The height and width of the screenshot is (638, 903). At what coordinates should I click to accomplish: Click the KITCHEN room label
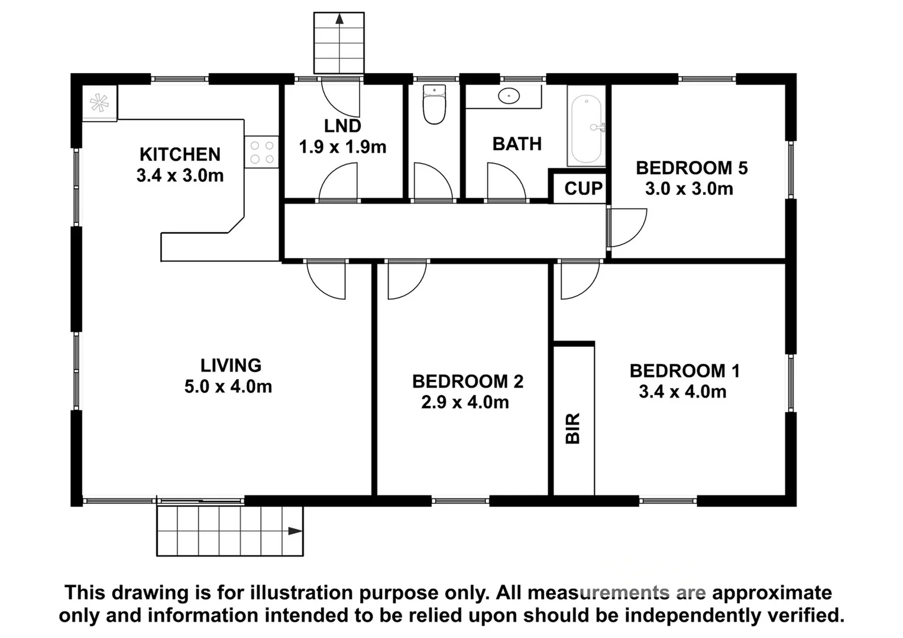click(180, 154)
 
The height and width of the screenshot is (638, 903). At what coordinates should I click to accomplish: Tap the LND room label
click(342, 126)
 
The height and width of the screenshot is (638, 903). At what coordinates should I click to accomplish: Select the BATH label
click(517, 144)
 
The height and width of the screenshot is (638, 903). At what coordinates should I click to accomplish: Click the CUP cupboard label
click(583, 188)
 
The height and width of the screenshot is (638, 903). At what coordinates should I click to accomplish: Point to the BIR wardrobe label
click(573, 428)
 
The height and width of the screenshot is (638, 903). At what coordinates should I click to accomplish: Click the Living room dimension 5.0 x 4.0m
click(228, 387)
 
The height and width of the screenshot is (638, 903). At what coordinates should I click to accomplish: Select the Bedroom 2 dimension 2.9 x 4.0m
click(465, 402)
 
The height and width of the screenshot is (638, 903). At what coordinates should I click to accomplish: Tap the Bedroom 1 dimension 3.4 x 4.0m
click(682, 392)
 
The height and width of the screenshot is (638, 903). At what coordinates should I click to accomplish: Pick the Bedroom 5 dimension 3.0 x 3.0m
click(689, 189)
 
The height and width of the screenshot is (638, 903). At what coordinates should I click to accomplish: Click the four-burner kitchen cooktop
click(262, 152)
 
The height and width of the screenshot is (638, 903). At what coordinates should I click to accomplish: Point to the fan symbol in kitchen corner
click(99, 103)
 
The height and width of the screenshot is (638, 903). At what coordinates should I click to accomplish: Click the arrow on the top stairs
click(339, 19)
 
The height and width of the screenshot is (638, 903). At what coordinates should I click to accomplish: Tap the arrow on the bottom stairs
click(294, 530)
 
